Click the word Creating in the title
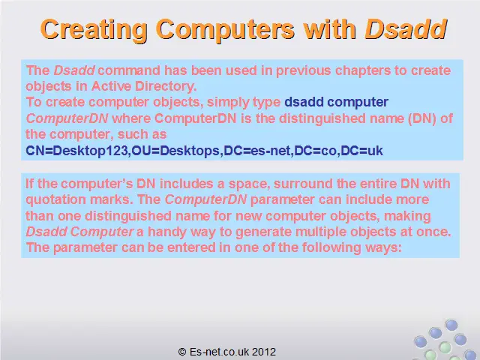pos(94,30)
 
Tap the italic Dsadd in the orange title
pos(406,29)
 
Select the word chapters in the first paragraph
pos(362,71)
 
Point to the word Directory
pos(166,86)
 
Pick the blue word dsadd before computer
pos(304,102)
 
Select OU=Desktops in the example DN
pos(175,151)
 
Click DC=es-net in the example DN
pos(258,151)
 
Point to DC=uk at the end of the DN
pos(361,151)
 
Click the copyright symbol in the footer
pos(182,352)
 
